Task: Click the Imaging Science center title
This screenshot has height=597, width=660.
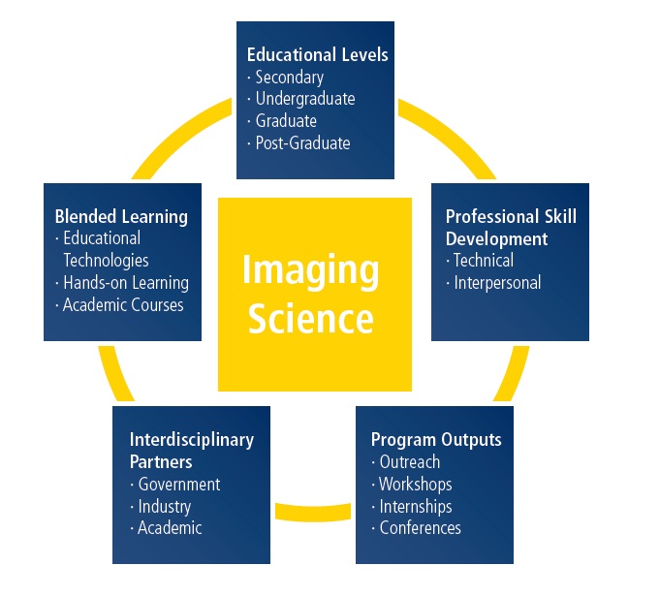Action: pos(311,294)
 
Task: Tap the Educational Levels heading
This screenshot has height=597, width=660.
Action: pos(317,54)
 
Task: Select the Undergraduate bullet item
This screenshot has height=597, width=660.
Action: pos(305,99)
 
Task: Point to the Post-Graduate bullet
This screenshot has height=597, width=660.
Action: pos(302,143)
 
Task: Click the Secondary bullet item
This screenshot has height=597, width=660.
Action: pos(290,77)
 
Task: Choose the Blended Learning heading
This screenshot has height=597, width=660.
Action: pos(121,216)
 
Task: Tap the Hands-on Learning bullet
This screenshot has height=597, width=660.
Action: pos(126,282)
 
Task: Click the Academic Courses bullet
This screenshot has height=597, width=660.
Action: pos(123,305)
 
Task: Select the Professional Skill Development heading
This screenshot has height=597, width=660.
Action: pos(511,228)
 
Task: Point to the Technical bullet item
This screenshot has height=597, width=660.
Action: pos(484,260)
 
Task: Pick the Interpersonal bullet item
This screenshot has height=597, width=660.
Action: pos(497,282)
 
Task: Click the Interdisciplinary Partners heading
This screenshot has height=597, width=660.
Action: pos(192,451)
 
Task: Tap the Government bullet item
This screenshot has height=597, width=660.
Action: pos(179,485)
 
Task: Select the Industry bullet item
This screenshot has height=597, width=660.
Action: pos(164,507)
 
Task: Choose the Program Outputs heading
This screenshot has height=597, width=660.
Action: pos(436,440)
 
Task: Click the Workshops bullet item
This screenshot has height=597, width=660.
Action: pos(416,485)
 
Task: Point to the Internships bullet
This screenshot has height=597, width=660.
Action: pos(416,507)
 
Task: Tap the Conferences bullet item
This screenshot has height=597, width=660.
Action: pos(420,528)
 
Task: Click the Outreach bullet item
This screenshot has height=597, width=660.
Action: pos(410,462)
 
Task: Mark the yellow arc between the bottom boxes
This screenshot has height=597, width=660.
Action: pos(313,513)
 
